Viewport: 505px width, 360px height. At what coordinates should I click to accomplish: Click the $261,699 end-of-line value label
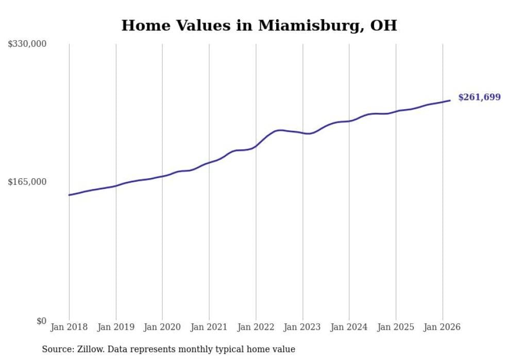479,97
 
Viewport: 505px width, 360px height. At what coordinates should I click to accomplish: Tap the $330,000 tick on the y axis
27,44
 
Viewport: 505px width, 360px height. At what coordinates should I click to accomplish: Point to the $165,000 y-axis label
27,182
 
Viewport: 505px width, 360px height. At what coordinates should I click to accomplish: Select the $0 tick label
41,321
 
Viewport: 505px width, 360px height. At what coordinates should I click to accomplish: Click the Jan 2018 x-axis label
69,327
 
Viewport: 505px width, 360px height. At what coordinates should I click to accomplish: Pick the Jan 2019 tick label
115,327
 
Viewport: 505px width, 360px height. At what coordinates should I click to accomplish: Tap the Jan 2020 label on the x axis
162,327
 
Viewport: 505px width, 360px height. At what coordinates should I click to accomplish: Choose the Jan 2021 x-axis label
209,327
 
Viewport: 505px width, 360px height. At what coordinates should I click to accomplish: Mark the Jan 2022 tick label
256,327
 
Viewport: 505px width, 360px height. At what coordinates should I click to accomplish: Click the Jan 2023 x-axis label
302,327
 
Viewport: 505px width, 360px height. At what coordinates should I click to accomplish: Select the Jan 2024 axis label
349,327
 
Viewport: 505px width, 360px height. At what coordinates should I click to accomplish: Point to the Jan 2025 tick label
395,327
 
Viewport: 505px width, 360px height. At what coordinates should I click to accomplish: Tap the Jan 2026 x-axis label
442,327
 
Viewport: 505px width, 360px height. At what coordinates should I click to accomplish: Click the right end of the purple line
450,100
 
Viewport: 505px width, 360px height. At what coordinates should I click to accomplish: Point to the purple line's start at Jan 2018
69,195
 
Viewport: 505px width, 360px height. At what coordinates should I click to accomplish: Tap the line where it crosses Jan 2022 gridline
256,146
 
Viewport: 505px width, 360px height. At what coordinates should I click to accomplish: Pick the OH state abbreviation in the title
384,25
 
